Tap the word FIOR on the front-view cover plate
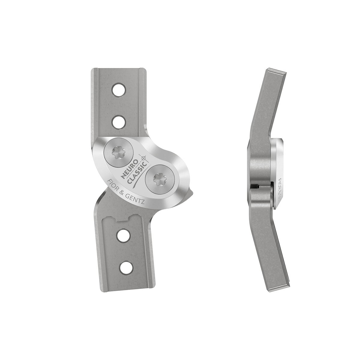112,185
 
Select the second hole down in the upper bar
118,121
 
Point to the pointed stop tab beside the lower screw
191,192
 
